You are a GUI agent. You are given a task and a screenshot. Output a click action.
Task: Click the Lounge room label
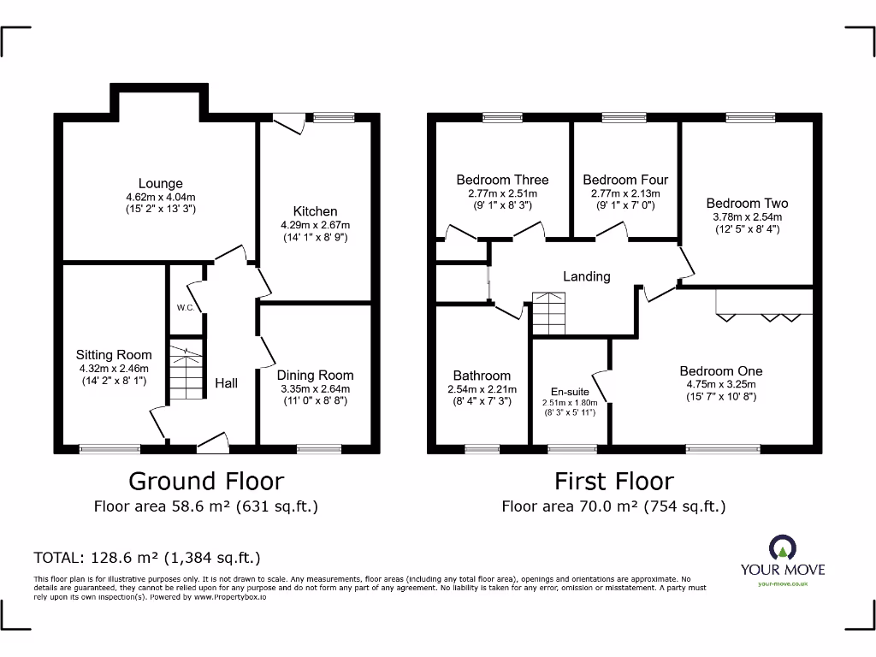click(x=161, y=183)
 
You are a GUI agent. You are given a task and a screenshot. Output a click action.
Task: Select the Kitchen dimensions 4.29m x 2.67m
click(x=316, y=225)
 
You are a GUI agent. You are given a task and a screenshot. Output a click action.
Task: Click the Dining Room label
click(x=315, y=375)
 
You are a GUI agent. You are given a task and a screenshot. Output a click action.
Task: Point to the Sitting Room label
click(x=114, y=355)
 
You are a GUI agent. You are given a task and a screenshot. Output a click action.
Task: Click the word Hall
click(x=226, y=383)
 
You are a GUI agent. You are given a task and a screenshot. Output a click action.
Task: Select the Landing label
click(x=586, y=276)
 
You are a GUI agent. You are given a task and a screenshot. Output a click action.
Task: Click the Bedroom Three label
click(x=502, y=180)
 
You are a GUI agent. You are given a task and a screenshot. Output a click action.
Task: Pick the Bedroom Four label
click(x=625, y=180)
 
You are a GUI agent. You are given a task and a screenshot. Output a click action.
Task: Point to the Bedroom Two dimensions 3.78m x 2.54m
click(x=747, y=217)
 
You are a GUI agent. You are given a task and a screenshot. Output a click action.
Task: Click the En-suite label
click(x=570, y=391)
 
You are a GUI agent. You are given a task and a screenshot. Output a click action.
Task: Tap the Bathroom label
click(x=482, y=376)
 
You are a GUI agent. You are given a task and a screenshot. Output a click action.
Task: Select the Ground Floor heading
click(x=205, y=481)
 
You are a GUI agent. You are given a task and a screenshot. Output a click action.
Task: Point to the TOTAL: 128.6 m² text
click(x=146, y=559)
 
